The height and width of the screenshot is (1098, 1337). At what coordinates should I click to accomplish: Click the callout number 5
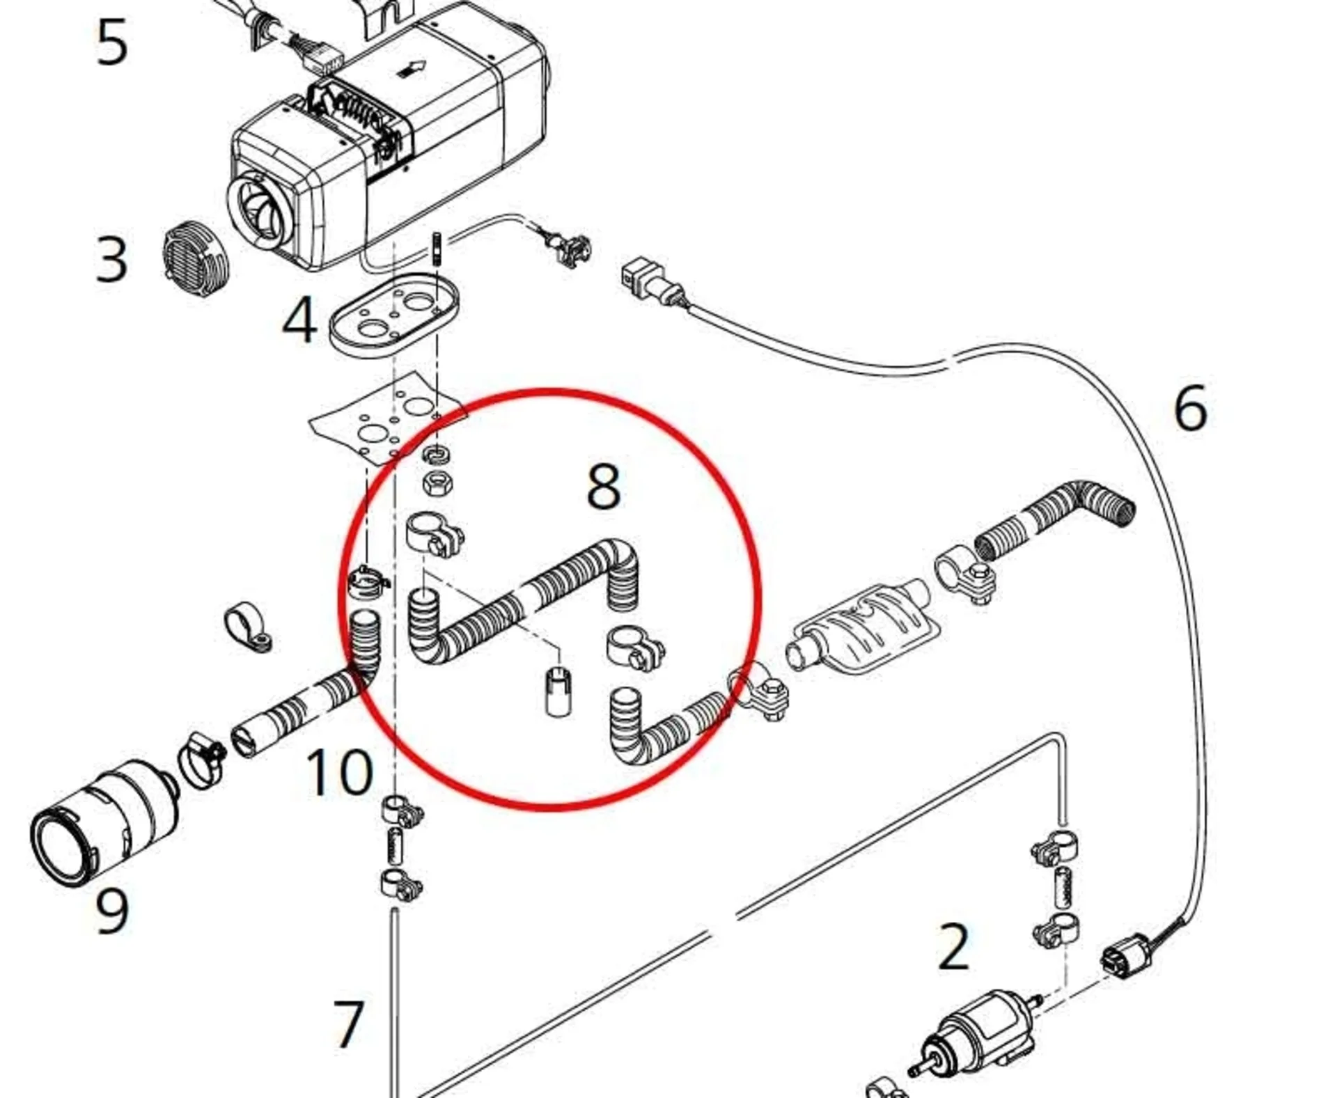(112, 43)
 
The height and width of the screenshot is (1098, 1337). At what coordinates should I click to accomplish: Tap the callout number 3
(112, 260)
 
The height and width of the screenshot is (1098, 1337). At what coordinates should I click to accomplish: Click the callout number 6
(1190, 409)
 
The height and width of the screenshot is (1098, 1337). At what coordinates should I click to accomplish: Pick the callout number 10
(339, 772)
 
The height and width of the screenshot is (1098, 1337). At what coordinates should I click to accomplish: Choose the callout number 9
(112, 911)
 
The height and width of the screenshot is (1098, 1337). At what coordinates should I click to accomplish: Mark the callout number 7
(348, 1024)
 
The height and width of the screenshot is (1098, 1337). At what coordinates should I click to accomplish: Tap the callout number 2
(953, 947)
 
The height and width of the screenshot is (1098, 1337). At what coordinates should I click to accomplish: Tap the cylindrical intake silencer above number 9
(104, 822)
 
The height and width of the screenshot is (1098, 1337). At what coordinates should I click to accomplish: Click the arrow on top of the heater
(414, 68)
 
